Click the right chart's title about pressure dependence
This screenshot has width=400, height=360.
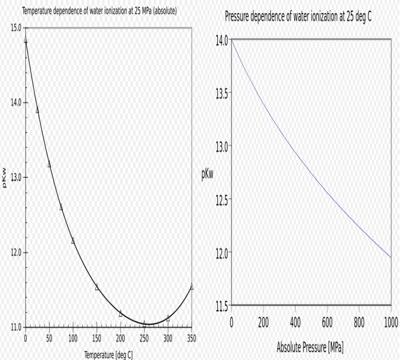pyautogui.click(x=298, y=15)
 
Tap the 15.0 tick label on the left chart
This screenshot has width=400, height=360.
pyautogui.click(x=15, y=27)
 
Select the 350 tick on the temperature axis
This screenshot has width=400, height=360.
pyautogui.click(x=191, y=338)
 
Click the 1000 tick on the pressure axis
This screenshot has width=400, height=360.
pyautogui.click(x=390, y=322)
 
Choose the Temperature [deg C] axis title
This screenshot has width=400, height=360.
pyautogui.click(x=109, y=355)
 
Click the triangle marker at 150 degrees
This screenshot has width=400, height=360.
pyautogui.click(x=97, y=287)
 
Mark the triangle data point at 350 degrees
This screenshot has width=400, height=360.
pyautogui.click(x=191, y=286)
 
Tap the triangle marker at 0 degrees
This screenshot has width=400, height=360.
pyautogui.click(x=26, y=40)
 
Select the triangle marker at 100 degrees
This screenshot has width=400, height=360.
pyautogui.click(x=73, y=241)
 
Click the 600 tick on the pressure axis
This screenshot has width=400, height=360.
pyautogui.click(x=327, y=322)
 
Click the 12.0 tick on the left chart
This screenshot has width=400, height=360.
pyautogui.click(x=15, y=253)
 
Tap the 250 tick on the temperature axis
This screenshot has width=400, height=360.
pyautogui.click(x=144, y=338)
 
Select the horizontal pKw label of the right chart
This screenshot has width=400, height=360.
pyautogui.click(x=207, y=175)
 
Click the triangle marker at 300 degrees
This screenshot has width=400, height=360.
pyautogui.click(x=168, y=318)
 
